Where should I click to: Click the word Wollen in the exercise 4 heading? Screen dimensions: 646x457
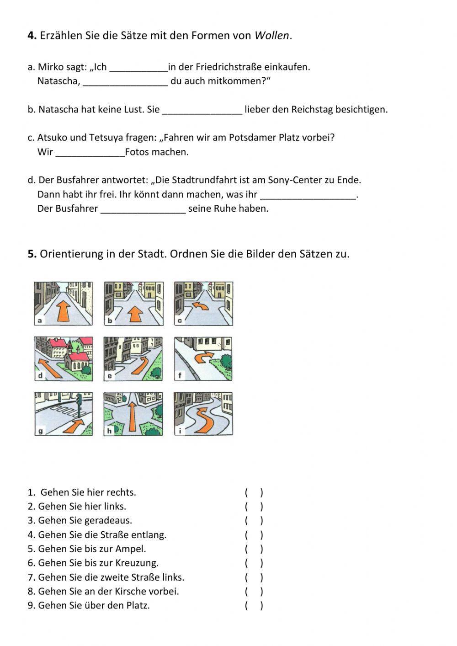click(x=271, y=36)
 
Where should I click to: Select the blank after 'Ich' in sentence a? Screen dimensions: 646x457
click(x=139, y=68)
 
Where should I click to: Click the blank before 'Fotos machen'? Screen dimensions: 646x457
click(x=90, y=153)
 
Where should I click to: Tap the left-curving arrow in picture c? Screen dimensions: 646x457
click(x=201, y=305)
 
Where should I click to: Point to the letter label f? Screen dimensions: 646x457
click(x=180, y=376)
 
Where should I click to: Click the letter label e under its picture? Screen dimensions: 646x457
click(x=110, y=376)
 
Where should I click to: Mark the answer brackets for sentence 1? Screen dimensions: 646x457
click(x=254, y=493)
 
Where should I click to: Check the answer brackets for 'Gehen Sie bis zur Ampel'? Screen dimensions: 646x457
click(x=254, y=549)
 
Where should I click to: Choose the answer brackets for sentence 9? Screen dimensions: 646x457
click(x=254, y=606)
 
